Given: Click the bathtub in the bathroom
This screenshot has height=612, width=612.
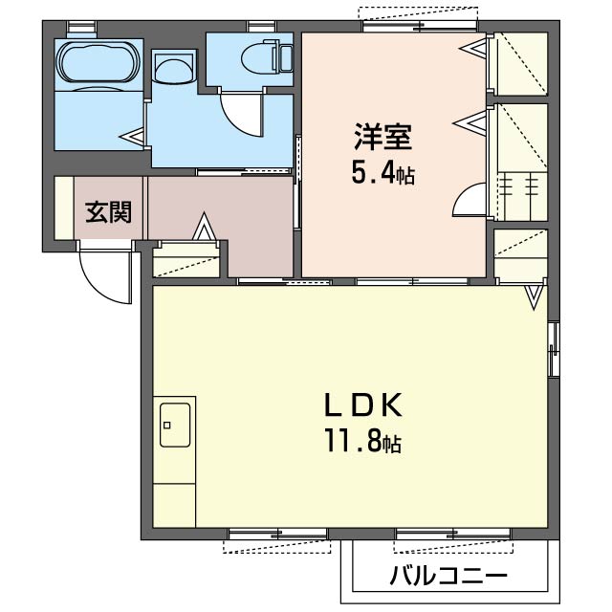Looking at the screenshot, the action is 98,63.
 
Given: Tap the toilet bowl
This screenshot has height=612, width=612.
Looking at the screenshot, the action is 267,59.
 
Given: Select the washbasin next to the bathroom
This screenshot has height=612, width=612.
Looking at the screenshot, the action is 174,67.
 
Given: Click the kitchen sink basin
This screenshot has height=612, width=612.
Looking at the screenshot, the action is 175,425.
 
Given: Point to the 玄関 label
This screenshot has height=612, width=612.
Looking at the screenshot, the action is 108,212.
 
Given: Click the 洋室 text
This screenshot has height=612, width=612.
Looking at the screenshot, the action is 382,137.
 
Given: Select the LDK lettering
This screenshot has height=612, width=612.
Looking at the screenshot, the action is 363,405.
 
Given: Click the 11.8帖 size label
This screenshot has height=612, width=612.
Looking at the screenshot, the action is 363,443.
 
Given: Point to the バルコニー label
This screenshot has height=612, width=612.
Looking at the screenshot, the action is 448,576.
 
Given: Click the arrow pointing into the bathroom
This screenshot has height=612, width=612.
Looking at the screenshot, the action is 132,138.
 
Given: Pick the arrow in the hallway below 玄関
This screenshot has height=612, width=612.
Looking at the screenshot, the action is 204,227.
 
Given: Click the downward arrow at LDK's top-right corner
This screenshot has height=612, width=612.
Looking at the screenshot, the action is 534,297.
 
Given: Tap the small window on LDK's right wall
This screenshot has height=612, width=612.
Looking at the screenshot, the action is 554,349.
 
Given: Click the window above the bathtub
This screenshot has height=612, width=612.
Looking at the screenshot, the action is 81,27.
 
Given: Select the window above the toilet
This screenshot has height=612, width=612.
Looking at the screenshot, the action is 261,27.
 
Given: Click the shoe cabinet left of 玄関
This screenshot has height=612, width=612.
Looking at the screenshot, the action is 64,208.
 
